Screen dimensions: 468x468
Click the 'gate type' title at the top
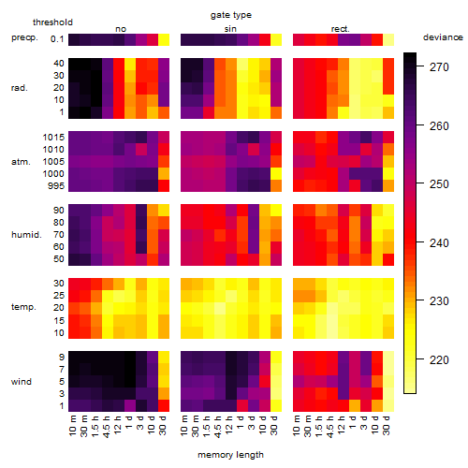pos(231,15)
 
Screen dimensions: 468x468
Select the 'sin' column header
pos(230,29)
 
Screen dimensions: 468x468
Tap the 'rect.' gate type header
pos(341,29)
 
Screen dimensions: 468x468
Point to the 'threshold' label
pos(52,22)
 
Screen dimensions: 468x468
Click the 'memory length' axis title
pos(230,455)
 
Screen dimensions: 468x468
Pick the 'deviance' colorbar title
pos(443,37)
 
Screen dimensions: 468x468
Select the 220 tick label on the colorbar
pos(439,359)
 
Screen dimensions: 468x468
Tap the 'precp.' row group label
pos(24,37)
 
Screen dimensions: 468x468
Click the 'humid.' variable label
pos(26,234)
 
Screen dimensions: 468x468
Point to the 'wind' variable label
pos(22,381)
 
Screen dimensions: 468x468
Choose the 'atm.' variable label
pos(21,162)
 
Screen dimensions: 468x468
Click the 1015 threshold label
pos(53,138)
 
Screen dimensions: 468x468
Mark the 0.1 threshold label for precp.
pos(57,39)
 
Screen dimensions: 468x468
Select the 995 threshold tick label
pos(56,186)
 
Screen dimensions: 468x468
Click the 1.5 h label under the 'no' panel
pos(95,426)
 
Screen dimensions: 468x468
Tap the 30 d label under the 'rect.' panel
pos(388,426)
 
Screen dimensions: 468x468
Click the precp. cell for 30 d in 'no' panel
pos(164,40)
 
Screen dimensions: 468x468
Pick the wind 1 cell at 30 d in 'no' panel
pos(164,405)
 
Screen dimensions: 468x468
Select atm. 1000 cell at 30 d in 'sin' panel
pos(276,174)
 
